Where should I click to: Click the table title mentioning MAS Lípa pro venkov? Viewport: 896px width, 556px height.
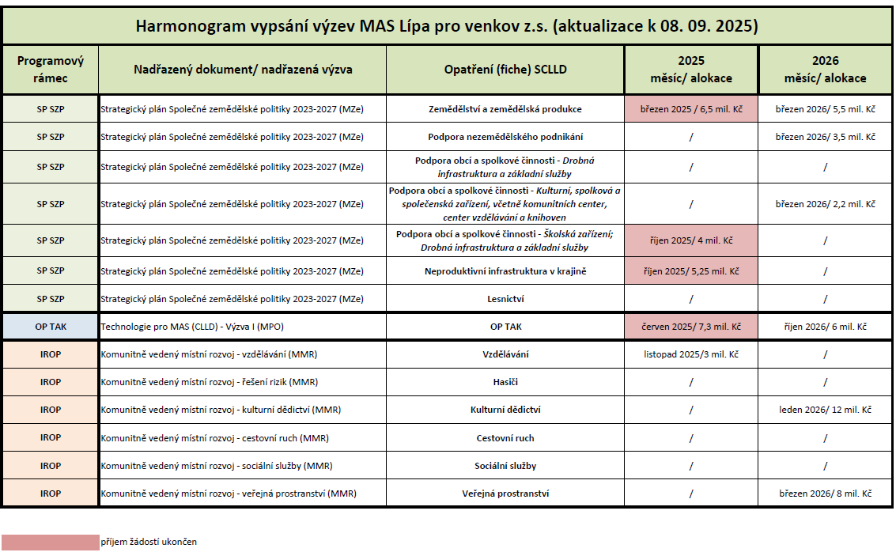447,26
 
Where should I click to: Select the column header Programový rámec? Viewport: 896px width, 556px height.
51,70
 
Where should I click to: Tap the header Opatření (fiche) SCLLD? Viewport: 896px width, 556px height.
505,70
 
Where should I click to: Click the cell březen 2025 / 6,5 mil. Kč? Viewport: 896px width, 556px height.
691,109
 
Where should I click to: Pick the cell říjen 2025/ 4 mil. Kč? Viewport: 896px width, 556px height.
691,240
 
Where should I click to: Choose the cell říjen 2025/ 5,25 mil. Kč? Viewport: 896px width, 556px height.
691,271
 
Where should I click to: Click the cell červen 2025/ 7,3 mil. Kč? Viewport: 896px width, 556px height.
691,327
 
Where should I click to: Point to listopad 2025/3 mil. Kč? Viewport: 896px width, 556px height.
691,354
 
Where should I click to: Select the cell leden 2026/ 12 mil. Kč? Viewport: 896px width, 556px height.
825,410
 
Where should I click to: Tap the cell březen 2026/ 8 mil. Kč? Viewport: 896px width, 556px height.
825,494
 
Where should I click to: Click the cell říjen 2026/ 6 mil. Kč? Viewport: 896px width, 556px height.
825,327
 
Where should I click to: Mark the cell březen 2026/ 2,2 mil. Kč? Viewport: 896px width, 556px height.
825,204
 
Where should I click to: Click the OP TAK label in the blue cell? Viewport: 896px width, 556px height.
51,327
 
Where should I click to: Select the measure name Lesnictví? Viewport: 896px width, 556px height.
505,299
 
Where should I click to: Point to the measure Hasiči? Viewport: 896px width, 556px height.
505,382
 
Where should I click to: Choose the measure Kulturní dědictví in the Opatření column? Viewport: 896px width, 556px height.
505,410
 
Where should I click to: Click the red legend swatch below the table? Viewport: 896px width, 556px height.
51,542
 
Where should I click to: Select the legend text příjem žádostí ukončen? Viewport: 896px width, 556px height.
149,542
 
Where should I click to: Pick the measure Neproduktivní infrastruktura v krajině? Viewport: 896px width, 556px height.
505,271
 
